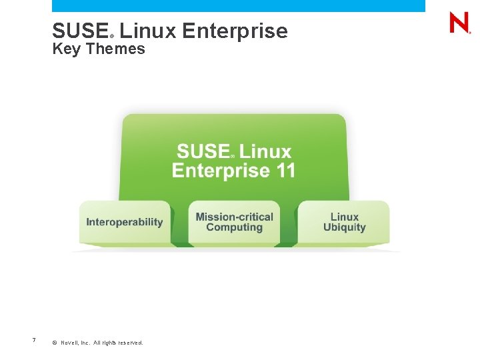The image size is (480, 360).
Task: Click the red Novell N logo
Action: click(459, 23)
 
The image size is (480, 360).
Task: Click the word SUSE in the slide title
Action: click(79, 31)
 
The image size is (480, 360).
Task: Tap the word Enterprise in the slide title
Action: click(234, 31)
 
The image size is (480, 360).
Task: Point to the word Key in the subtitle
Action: click(65, 49)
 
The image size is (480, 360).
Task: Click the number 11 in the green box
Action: click(285, 171)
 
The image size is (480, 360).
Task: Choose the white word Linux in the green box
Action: click(265, 152)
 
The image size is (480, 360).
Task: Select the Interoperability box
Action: click(125, 222)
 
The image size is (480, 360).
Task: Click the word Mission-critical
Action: click(234, 217)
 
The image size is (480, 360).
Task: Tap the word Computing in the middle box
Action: click(234, 227)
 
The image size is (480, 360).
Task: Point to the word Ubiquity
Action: click(344, 227)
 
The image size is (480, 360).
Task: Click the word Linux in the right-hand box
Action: click(344, 217)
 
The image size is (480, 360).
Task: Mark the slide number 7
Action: click(33, 341)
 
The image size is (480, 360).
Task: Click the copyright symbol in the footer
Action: click(54, 343)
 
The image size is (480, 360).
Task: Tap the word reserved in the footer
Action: click(130, 343)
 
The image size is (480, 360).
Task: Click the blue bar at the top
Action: click(238, 5)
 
